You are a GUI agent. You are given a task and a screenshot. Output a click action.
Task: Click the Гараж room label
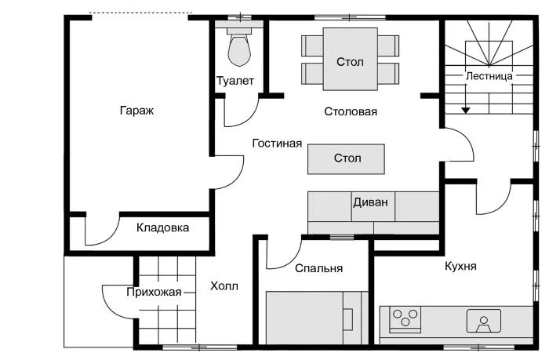(136, 111)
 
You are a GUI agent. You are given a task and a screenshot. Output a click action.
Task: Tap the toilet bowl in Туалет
(238, 49)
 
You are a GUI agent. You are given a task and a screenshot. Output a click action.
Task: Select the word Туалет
(235, 81)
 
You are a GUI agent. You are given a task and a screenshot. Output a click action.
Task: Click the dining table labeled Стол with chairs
(350, 60)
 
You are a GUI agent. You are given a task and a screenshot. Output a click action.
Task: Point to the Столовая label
(351, 111)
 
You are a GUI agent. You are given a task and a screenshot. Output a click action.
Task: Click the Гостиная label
(277, 144)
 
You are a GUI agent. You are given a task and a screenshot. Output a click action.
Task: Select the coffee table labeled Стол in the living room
(347, 158)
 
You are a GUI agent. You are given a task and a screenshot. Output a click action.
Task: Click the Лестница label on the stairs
(489, 76)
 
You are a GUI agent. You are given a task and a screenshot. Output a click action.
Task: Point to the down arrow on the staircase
(466, 108)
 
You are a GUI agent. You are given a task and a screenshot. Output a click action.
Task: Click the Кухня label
(460, 266)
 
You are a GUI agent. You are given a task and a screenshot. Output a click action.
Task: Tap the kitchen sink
(483, 320)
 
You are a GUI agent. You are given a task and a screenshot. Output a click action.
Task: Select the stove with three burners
(405, 319)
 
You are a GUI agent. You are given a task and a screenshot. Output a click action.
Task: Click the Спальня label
(318, 268)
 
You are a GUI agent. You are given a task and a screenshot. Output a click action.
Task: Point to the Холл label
(224, 286)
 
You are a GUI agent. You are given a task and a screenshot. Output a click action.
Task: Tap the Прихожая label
(154, 292)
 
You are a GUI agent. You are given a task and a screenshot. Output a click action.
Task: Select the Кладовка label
(162, 228)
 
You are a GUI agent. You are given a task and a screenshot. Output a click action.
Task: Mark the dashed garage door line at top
(140, 13)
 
